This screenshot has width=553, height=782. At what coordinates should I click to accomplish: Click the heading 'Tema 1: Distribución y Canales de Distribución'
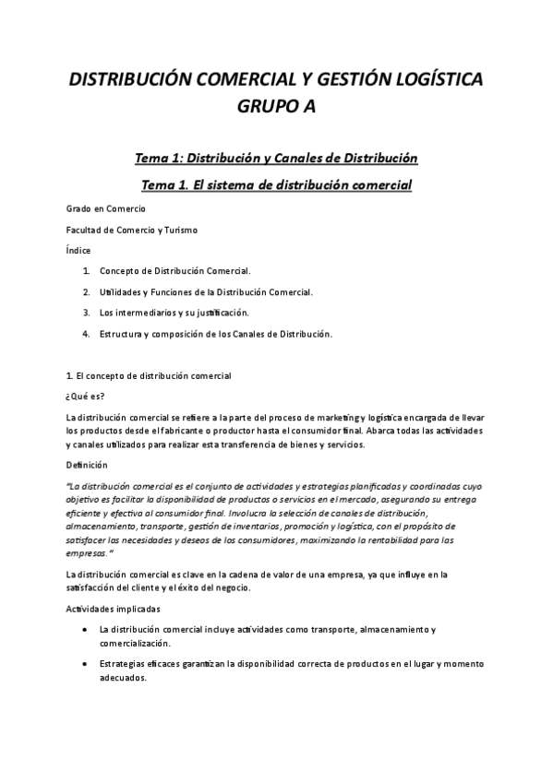tap(276, 159)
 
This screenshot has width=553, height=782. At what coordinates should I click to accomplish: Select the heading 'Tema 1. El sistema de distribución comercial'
tap(276, 185)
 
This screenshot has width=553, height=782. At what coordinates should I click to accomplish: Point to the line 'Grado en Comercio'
tap(106, 209)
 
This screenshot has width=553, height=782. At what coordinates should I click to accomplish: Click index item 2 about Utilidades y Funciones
tap(206, 292)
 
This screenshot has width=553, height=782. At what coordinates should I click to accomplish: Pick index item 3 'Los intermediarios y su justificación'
tap(174, 313)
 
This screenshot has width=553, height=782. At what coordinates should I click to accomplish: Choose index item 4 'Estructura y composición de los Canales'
tap(215, 333)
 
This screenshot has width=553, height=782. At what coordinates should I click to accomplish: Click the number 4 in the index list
tap(86, 333)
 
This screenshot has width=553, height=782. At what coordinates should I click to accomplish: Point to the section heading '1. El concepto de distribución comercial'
tap(149, 376)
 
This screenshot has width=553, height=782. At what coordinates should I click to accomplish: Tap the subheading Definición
tap(88, 465)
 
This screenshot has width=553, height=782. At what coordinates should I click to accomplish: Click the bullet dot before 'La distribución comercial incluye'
tap(87, 630)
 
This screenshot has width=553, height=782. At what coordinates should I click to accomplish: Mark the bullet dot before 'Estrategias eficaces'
tap(87, 664)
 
